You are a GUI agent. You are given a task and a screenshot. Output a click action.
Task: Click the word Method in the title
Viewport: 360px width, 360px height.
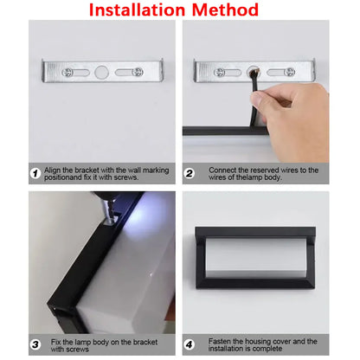[x=226, y=10]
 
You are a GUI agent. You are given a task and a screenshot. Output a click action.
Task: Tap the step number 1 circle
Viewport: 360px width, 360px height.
[x=35, y=174]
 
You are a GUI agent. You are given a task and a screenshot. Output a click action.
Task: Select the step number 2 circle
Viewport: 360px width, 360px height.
[x=190, y=174]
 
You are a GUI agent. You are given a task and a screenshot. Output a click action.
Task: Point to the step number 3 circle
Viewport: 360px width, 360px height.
[x=35, y=344]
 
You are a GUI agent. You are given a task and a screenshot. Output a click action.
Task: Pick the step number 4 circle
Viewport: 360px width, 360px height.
[x=190, y=344]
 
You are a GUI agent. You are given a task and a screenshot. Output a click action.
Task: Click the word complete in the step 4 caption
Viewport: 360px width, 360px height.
[x=281, y=349]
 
